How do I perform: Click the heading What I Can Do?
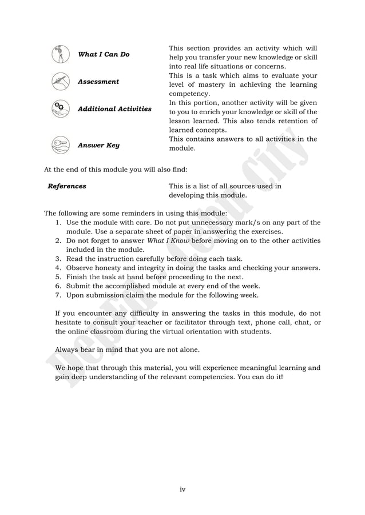click(x=104, y=54)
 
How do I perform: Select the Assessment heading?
click(x=98, y=82)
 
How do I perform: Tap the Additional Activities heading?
click(x=114, y=108)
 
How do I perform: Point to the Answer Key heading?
click(x=98, y=145)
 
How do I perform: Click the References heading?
click(x=67, y=186)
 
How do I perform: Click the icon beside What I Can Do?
click(x=59, y=54)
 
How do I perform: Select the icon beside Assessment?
click(x=59, y=82)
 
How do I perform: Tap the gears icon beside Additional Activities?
click(x=59, y=108)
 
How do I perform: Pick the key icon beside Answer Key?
click(x=59, y=145)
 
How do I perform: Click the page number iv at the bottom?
click(x=182, y=489)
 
